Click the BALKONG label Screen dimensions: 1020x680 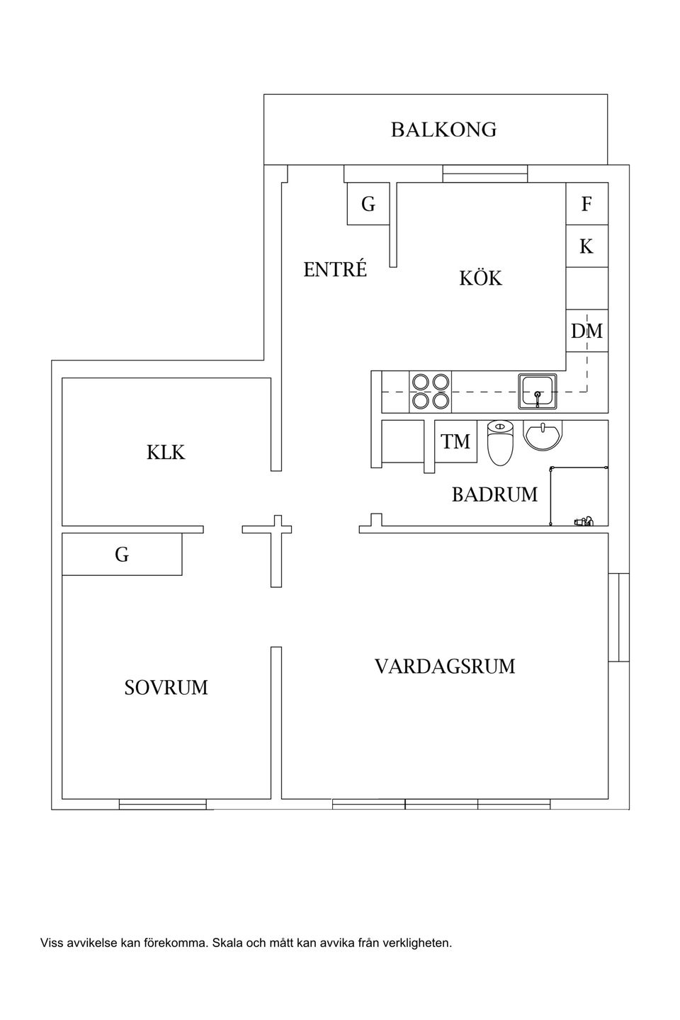(443, 130)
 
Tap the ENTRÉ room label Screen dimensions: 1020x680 (335, 270)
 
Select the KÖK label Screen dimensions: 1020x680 (480, 278)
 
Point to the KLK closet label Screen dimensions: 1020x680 (166, 453)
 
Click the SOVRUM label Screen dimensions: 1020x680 (166, 688)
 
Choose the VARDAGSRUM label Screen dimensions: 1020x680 (445, 667)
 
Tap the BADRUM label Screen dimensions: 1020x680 (494, 494)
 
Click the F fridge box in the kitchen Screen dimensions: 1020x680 (586, 204)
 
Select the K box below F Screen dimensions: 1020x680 (586, 246)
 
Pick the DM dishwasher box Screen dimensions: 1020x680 (586, 331)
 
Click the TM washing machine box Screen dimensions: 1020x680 (455, 442)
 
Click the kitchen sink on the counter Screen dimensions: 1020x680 (538, 392)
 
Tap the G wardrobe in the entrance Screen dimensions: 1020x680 (368, 204)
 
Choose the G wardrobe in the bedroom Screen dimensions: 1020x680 (122, 555)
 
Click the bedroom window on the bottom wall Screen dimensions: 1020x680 (162, 804)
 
